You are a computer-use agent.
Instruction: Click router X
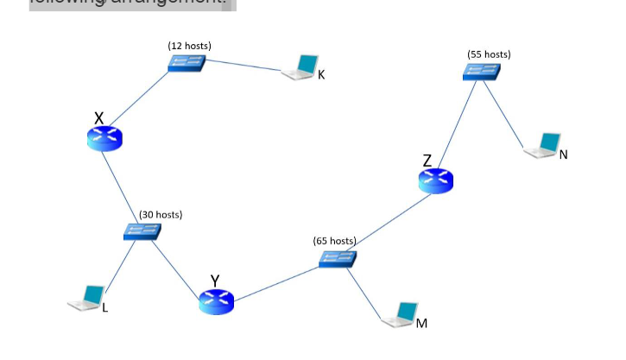click(105, 138)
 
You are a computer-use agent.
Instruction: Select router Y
click(216, 301)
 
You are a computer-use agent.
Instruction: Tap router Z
click(435, 180)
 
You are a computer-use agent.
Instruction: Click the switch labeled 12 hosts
click(187, 63)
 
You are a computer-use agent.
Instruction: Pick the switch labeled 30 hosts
click(141, 231)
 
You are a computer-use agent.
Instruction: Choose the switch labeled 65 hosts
click(337, 257)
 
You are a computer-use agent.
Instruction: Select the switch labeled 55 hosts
click(481, 72)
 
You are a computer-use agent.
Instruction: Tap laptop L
click(88, 298)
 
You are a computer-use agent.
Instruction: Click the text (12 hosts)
click(189, 45)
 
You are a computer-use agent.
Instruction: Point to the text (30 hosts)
click(161, 214)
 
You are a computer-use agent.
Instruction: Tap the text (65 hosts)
click(334, 240)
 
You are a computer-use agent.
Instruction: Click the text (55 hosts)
click(489, 54)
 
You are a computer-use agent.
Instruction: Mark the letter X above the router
click(99, 117)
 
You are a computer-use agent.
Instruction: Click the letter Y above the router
click(215, 280)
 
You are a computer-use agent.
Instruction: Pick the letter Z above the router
click(427, 160)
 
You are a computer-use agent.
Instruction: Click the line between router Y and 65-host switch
click(276, 281)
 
